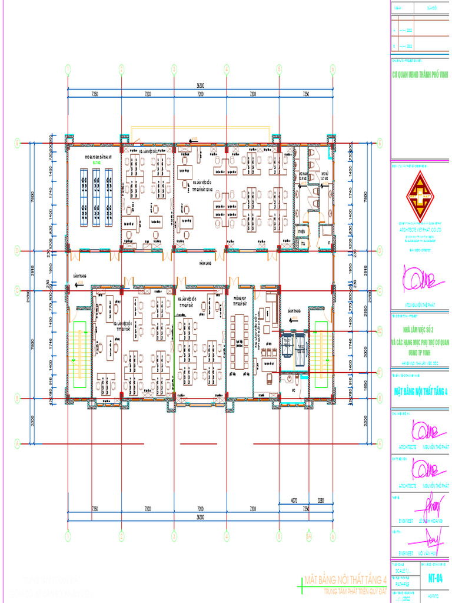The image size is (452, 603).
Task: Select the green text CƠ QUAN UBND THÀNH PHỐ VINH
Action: [x=420, y=75]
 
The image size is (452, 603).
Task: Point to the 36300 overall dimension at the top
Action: [x=200, y=87]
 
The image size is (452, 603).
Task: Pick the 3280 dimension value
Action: [x=321, y=501]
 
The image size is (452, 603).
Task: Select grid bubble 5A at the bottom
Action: [x=308, y=536]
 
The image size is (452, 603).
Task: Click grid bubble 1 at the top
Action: [x=68, y=69]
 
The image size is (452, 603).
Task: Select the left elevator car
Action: [x=287, y=342]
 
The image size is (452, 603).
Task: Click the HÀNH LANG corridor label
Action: [x=204, y=263]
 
